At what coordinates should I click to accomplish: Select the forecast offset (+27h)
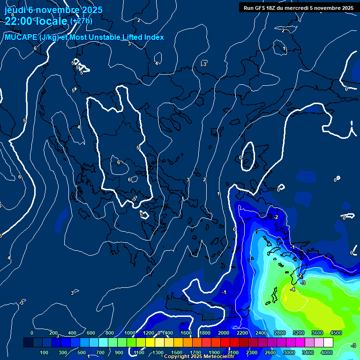81,21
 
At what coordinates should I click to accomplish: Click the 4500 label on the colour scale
336,333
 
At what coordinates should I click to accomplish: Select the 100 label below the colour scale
44,352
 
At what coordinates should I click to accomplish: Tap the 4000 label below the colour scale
327,352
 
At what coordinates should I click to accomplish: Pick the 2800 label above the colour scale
279,333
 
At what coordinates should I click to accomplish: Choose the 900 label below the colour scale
119,352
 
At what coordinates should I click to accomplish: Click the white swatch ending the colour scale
328,343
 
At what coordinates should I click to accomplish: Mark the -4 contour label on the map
292,290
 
